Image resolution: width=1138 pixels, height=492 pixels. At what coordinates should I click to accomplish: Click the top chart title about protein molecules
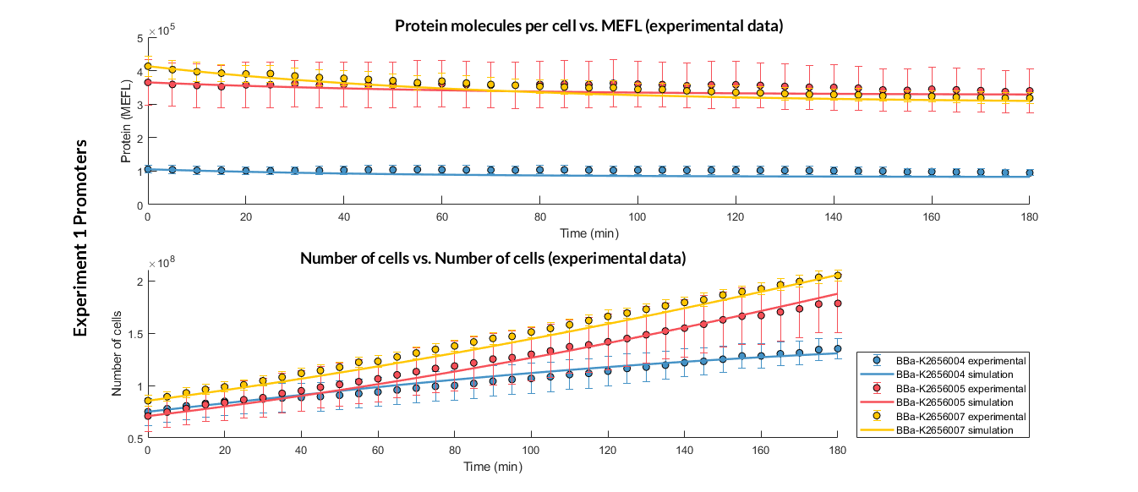click(x=588, y=26)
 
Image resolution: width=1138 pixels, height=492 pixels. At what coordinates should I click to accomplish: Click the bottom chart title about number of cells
click(x=492, y=258)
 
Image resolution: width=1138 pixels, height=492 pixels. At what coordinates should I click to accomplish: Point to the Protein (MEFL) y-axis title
click(x=125, y=122)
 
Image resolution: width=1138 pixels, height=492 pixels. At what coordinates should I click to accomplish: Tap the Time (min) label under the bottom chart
click(x=492, y=465)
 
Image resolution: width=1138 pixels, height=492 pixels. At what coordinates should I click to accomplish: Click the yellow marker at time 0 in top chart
click(x=148, y=67)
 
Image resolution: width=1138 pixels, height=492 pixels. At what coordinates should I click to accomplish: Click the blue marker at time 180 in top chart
click(x=1029, y=172)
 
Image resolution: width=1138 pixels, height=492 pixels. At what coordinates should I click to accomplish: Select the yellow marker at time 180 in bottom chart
click(x=838, y=276)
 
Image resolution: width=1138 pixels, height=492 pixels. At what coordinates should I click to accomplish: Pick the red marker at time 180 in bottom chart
click(x=838, y=303)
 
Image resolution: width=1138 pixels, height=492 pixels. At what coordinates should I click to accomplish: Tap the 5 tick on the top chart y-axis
click(x=140, y=38)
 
